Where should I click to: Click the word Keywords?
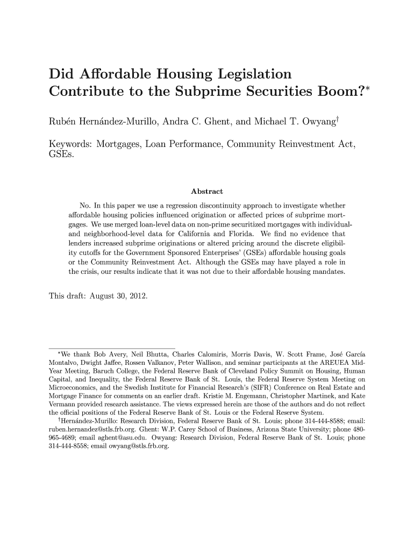coord(70,145)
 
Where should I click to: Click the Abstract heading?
coord(207,192)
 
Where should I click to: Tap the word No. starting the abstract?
coord(85,206)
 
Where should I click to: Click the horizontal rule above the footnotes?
coord(112,345)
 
